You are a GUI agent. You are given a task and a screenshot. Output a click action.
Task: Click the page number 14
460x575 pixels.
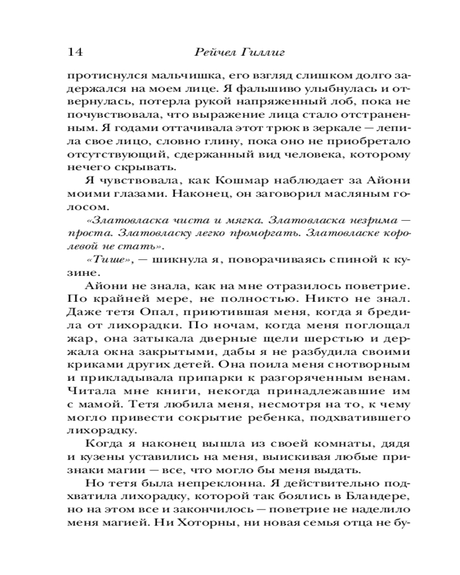tap(75, 52)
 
